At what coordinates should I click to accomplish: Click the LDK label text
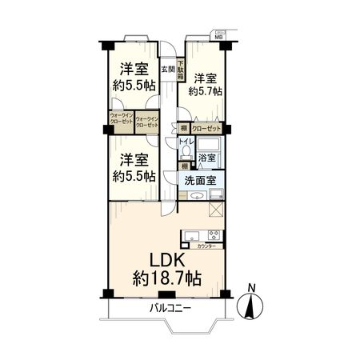click(166, 261)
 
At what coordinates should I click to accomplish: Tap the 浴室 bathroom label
click(206, 158)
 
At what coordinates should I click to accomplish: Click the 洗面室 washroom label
click(200, 182)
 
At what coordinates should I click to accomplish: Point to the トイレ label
click(186, 138)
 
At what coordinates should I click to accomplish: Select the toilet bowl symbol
click(186, 152)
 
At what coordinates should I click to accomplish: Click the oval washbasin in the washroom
click(195, 194)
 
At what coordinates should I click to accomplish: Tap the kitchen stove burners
click(214, 235)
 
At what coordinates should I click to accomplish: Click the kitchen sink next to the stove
click(193, 235)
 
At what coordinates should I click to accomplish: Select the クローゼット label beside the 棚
click(206, 128)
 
